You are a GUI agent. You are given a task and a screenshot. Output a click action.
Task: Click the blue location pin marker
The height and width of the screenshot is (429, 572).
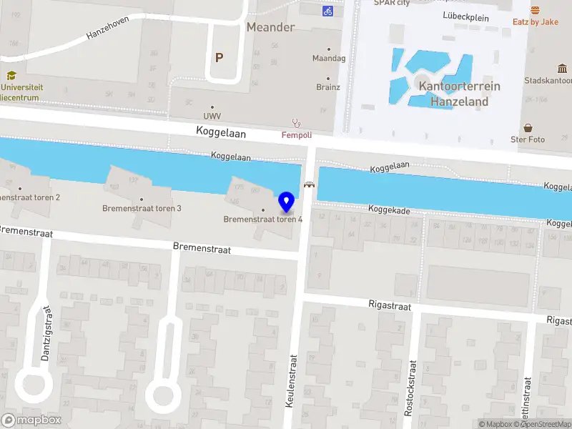click(x=287, y=202)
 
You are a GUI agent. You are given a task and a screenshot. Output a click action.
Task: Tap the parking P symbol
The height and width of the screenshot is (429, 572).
click(x=220, y=58)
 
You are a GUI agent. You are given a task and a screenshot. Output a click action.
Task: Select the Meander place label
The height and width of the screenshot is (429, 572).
click(x=270, y=27)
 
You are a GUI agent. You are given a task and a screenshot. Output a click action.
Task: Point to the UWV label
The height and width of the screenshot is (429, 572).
click(x=212, y=116)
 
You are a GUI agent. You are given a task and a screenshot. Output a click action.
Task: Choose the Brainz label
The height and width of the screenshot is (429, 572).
click(x=328, y=87)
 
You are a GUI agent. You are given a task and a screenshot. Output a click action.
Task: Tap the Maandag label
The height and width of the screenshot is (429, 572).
click(x=329, y=58)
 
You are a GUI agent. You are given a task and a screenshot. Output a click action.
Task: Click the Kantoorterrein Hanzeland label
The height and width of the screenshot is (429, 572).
click(x=459, y=94)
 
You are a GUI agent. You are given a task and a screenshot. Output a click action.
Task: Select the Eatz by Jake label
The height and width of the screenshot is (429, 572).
click(x=536, y=21)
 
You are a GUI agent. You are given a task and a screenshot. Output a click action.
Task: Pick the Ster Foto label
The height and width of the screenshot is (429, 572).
click(x=528, y=139)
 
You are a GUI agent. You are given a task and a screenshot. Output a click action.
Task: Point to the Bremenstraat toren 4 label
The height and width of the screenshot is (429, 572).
click(x=262, y=219)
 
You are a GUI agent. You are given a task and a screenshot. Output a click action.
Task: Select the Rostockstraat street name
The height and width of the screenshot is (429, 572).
click(x=411, y=386)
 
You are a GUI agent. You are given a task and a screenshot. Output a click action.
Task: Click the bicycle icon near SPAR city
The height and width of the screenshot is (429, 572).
click(x=328, y=11)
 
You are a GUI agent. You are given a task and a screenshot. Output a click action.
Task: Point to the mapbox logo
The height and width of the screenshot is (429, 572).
click(x=31, y=420)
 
